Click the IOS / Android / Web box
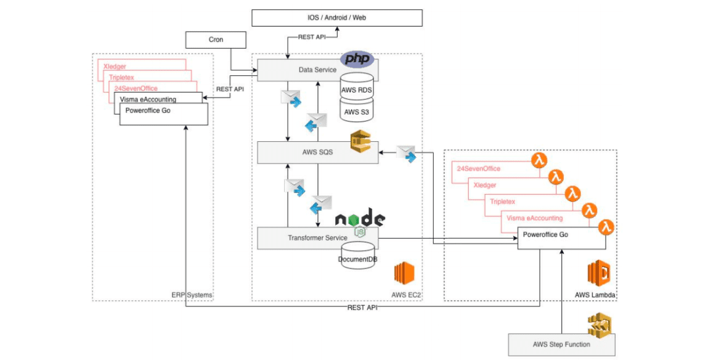pyautogui.click(x=337, y=18)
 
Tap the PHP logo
pyautogui.click(x=357, y=59)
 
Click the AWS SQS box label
pyautogui.click(x=317, y=152)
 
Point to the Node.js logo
pyautogui.click(x=360, y=221)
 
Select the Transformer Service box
pyautogui.click(x=317, y=238)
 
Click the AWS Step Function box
pyautogui.click(x=561, y=345)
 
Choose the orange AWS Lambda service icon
pyautogui.click(x=599, y=273)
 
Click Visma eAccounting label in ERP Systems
pyautogui.click(x=148, y=99)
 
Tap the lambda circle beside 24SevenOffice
pyautogui.click(x=539, y=162)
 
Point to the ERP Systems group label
pyautogui.click(x=192, y=295)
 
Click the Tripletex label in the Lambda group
pyautogui.click(x=502, y=202)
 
